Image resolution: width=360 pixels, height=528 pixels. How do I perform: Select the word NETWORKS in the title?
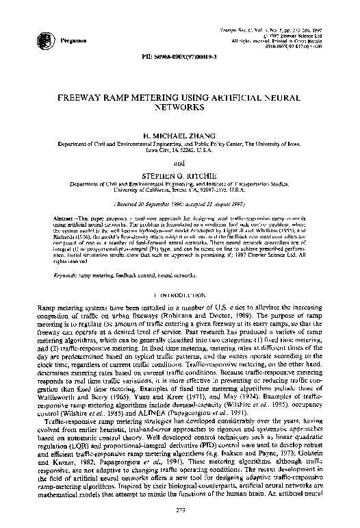(179, 108)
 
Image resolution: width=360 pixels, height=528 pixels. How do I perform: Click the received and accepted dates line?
(179, 203)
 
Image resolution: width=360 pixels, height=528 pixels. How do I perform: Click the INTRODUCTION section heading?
(179, 295)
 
